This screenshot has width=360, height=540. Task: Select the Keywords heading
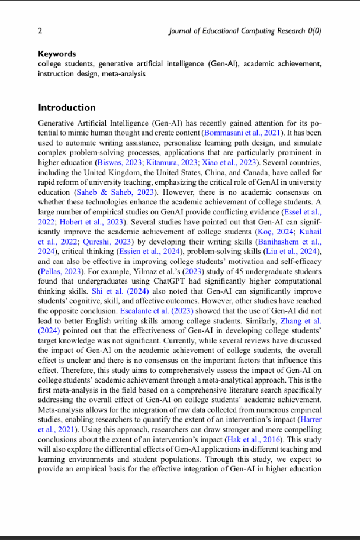coord(57,54)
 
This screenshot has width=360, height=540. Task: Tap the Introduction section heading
coord(66,108)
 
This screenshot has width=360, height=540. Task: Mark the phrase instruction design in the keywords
coord(65,73)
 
